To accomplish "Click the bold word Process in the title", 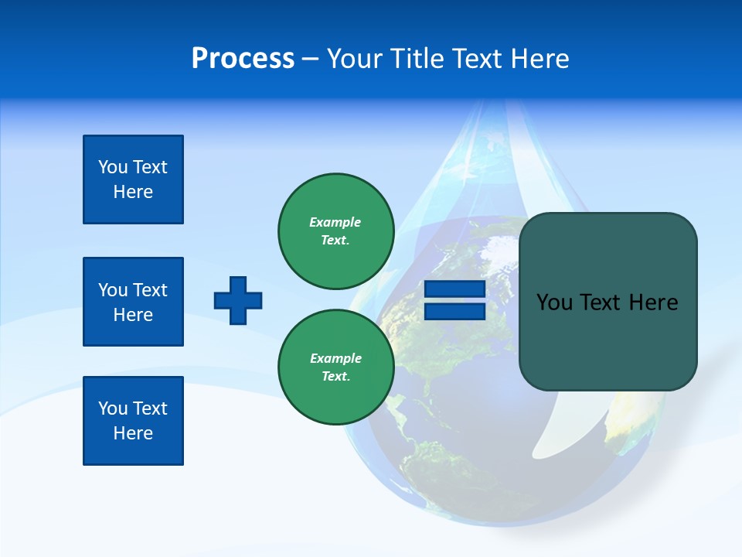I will [x=243, y=59].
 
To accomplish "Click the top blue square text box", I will [x=133, y=179].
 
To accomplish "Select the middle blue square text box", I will [x=133, y=302].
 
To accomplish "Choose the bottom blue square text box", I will [x=133, y=421].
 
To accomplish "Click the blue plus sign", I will [x=238, y=300].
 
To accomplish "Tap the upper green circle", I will [x=336, y=231].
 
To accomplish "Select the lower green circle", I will [x=336, y=367].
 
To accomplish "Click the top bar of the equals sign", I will [x=454, y=289].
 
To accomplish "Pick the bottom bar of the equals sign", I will [x=454, y=311].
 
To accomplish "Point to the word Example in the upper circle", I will [x=335, y=222].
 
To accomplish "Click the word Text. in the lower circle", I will [x=335, y=377].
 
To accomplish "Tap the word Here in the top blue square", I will [x=133, y=192].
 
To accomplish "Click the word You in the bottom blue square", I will [x=112, y=408].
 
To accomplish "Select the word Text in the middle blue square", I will [x=149, y=290].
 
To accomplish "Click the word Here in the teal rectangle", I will [x=653, y=302].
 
